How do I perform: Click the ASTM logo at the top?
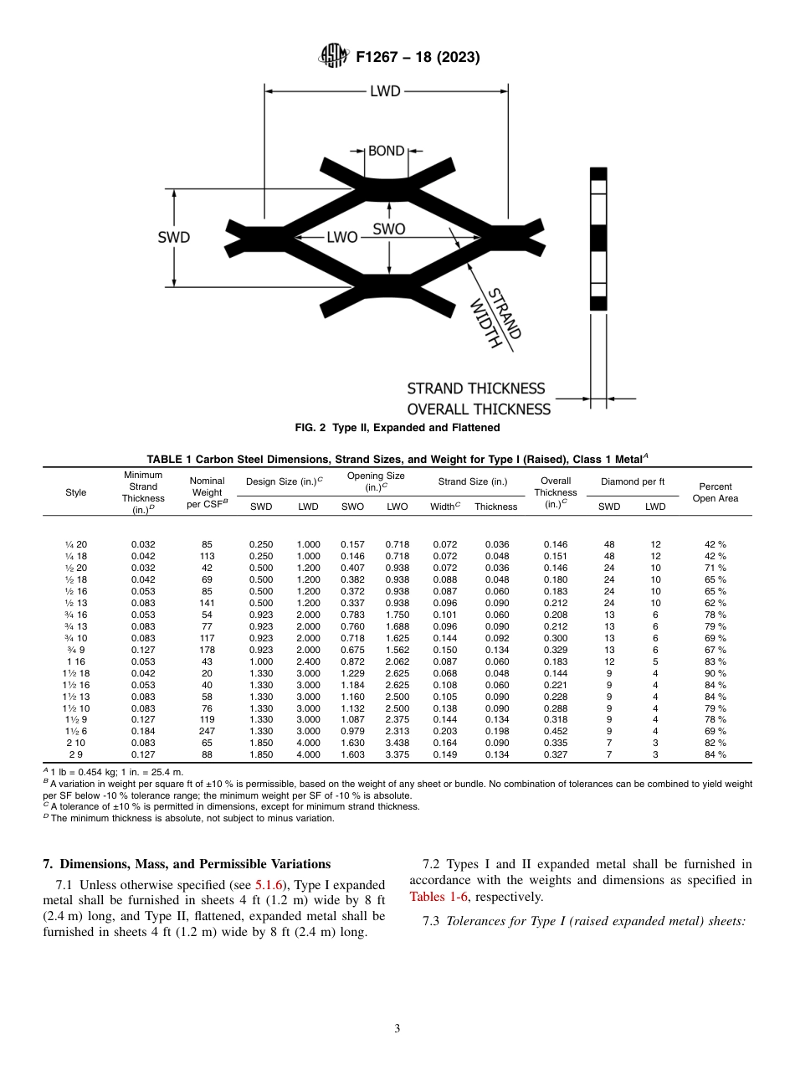pos(335,57)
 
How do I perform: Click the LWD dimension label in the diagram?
pos(385,90)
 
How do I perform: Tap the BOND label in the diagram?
pos(386,152)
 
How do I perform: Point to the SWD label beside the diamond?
pos(174,237)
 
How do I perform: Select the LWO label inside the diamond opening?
pos(341,237)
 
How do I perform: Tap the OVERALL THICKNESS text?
pos(479,409)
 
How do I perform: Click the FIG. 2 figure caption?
pos(397,428)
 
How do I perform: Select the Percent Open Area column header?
pos(715,492)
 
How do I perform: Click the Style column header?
pos(75,492)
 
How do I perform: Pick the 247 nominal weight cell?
pos(208,731)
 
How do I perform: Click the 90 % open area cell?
pos(715,673)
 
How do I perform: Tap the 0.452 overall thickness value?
pos(556,731)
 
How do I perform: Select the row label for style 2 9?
pos(75,754)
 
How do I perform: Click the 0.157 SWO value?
pos(352,544)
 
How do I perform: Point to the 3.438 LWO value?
pos(397,743)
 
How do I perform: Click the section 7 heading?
pos(187,864)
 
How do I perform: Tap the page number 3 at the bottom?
pos(397,1029)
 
